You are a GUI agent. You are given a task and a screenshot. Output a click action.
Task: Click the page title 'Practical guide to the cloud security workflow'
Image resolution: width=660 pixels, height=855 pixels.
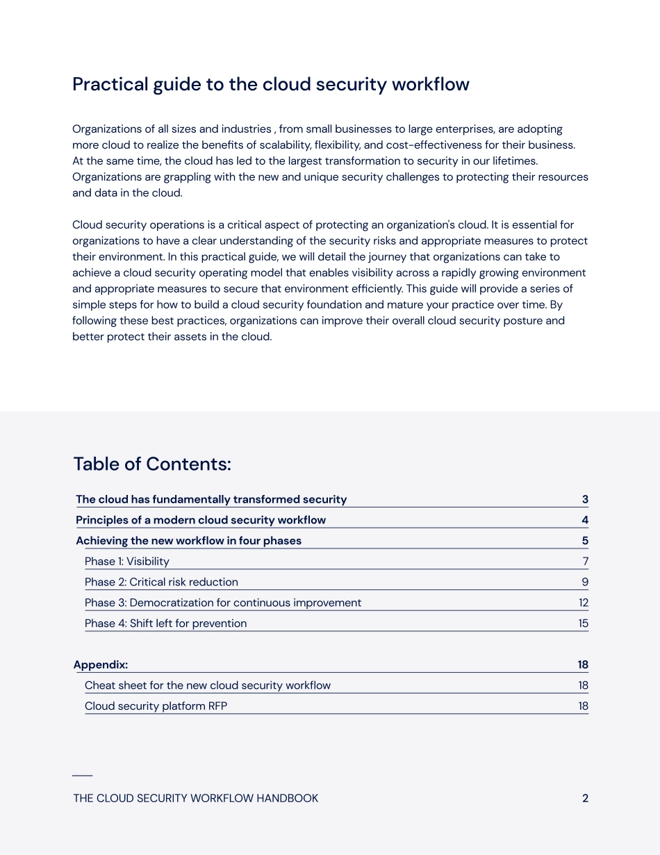point(271,85)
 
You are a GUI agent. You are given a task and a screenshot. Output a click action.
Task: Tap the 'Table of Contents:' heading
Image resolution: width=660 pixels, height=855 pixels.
point(152,464)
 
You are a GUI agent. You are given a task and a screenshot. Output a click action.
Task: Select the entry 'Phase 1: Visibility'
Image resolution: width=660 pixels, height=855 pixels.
point(127,562)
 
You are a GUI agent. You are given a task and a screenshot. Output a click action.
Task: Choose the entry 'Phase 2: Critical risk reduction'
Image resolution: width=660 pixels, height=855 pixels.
point(161,583)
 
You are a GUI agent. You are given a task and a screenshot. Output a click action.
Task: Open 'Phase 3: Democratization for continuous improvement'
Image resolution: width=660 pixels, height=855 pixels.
point(223,603)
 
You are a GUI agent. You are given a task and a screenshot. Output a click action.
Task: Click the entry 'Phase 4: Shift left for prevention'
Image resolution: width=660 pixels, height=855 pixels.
point(166,624)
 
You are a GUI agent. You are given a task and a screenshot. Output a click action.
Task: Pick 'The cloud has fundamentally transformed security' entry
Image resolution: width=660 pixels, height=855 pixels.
point(211,500)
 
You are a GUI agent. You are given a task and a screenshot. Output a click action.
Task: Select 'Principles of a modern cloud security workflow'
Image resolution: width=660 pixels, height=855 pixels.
point(201,520)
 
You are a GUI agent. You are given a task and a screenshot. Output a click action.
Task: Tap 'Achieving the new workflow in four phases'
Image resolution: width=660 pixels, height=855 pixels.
point(189,541)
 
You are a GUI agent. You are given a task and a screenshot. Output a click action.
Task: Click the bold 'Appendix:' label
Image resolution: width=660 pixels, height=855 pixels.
point(101,665)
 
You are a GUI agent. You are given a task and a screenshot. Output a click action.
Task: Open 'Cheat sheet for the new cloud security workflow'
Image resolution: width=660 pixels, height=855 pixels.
point(208,685)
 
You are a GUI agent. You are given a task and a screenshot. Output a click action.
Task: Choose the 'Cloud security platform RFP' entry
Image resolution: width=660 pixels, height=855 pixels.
point(156,706)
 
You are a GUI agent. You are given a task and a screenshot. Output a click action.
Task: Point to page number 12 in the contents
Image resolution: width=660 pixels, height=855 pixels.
point(583,603)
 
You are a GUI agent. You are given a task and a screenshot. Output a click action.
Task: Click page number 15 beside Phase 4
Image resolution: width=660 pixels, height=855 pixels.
point(583,624)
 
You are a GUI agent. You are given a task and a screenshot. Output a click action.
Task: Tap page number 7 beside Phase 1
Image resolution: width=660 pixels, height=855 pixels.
point(586,562)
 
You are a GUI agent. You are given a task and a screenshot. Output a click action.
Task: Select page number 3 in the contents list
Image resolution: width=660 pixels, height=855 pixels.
point(585,500)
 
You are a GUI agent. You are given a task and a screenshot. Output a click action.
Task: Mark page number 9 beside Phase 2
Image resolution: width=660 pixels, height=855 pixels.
point(585,583)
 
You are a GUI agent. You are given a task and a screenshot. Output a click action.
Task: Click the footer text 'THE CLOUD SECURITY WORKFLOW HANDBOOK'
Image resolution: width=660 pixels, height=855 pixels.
point(196,799)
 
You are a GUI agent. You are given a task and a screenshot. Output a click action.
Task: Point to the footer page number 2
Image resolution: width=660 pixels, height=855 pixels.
point(585,799)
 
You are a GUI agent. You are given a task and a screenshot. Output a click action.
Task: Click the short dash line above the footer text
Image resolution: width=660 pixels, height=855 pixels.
point(82,775)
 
